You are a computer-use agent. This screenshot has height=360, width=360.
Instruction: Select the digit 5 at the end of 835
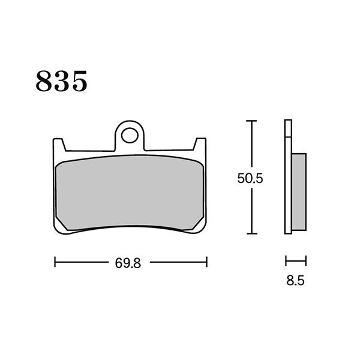point(79,81)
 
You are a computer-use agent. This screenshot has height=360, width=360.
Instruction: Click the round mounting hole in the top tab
point(130,135)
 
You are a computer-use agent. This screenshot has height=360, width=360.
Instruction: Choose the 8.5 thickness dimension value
point(296,280)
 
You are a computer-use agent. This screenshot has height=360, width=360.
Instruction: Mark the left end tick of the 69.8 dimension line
point(55,262)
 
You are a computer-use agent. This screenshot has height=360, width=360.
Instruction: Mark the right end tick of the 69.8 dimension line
point(206,262)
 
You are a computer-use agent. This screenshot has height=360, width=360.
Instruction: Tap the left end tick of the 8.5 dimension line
point(286,261)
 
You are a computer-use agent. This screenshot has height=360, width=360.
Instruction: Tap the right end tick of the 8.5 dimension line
point(306,261)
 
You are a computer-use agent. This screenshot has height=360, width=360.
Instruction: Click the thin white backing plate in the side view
point(288,180)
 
